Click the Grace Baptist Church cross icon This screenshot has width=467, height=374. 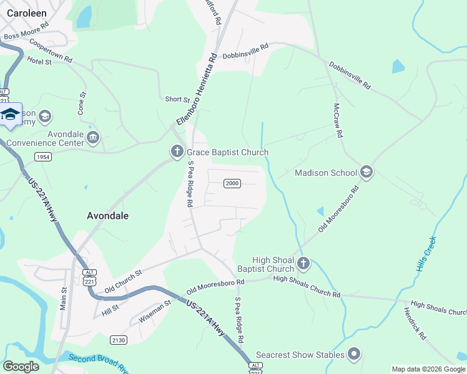click(177, 151)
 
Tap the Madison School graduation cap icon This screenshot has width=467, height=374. click(366, 173)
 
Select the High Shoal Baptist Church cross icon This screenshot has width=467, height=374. click(303, 264)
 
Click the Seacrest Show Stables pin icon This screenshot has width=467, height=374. click(354, 355)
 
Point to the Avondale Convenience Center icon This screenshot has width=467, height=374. click(93, 137)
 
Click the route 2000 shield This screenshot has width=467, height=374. click(232, 183)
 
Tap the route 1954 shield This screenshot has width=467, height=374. click(44, 156)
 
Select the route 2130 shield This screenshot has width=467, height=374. click(119, 340)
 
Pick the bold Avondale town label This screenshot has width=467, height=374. click(107, 216)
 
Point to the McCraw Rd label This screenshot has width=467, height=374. click(338, 120)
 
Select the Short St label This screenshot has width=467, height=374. click(177, 99)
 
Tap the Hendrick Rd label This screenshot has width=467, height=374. click(415, 324)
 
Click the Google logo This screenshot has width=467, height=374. click(21, 367)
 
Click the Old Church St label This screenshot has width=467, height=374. click(124, 281)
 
